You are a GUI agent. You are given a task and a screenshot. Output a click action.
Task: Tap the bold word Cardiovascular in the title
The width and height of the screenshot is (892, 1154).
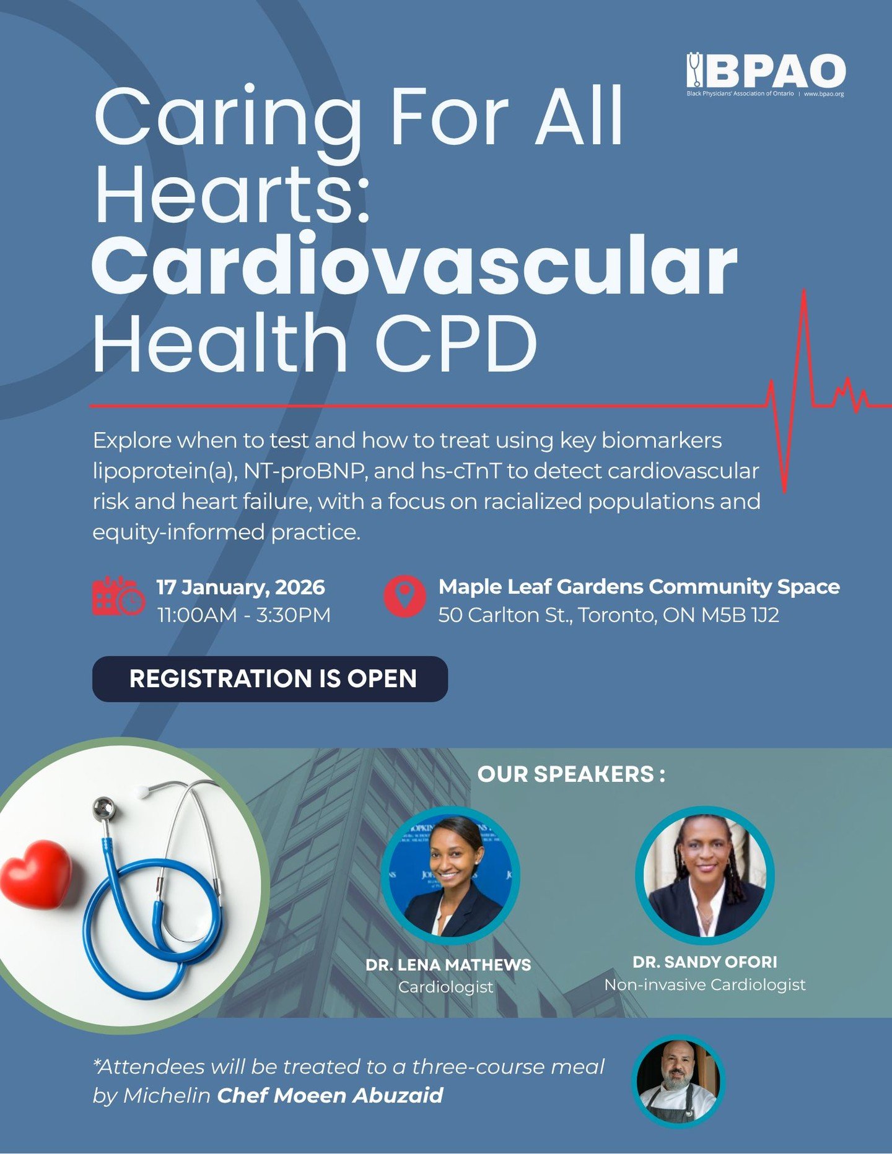pos(414,265)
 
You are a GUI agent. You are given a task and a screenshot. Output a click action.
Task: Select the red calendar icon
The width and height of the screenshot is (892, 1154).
pos(118,596)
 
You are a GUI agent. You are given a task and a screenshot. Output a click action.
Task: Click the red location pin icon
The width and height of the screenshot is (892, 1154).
pos(404,596)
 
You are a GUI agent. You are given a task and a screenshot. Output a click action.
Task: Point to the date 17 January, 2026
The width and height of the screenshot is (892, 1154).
pos(240,587)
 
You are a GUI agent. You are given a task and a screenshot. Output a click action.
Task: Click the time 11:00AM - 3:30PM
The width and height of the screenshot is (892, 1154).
pos(243,615)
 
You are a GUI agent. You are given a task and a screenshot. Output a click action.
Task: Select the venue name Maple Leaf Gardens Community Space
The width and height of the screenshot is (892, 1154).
pos(639,586)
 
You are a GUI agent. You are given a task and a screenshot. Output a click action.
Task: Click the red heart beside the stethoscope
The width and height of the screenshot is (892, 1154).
pos(36,874)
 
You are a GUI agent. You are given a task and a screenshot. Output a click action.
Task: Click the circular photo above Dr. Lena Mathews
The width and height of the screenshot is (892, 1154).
pos(450,875)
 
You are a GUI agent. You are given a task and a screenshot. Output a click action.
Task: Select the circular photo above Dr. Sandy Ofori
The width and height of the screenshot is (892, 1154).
pos(705,875)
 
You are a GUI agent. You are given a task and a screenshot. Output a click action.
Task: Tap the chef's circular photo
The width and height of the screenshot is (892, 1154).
pos(678,1081)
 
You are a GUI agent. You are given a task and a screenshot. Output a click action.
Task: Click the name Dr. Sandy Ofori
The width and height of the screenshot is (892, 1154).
pos(704,961)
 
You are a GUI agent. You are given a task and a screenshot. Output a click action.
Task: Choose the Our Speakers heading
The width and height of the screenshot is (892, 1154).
pos(571,774)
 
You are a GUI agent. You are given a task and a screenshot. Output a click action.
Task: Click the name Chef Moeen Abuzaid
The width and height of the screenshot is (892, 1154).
pos(330,1095)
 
